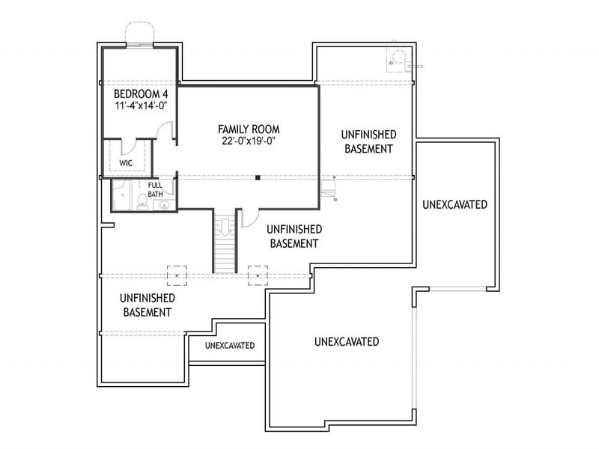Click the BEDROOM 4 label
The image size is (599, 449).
click(139, 95)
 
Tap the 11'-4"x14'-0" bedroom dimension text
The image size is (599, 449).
click(139, 106)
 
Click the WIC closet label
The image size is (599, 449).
click(127, 162)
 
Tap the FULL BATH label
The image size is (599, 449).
click(155, 189)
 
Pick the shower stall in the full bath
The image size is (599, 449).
click(122, 196)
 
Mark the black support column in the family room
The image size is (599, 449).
click(257, 177)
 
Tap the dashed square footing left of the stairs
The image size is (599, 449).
click(177, 275)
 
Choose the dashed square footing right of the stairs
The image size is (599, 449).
click(258, 275)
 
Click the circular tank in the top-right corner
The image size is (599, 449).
click(396, 58)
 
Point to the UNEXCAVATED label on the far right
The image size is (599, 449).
click(454, 204)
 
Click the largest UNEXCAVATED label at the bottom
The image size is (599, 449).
click(346, 342)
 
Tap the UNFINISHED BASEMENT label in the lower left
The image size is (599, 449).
click(147, 305)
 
